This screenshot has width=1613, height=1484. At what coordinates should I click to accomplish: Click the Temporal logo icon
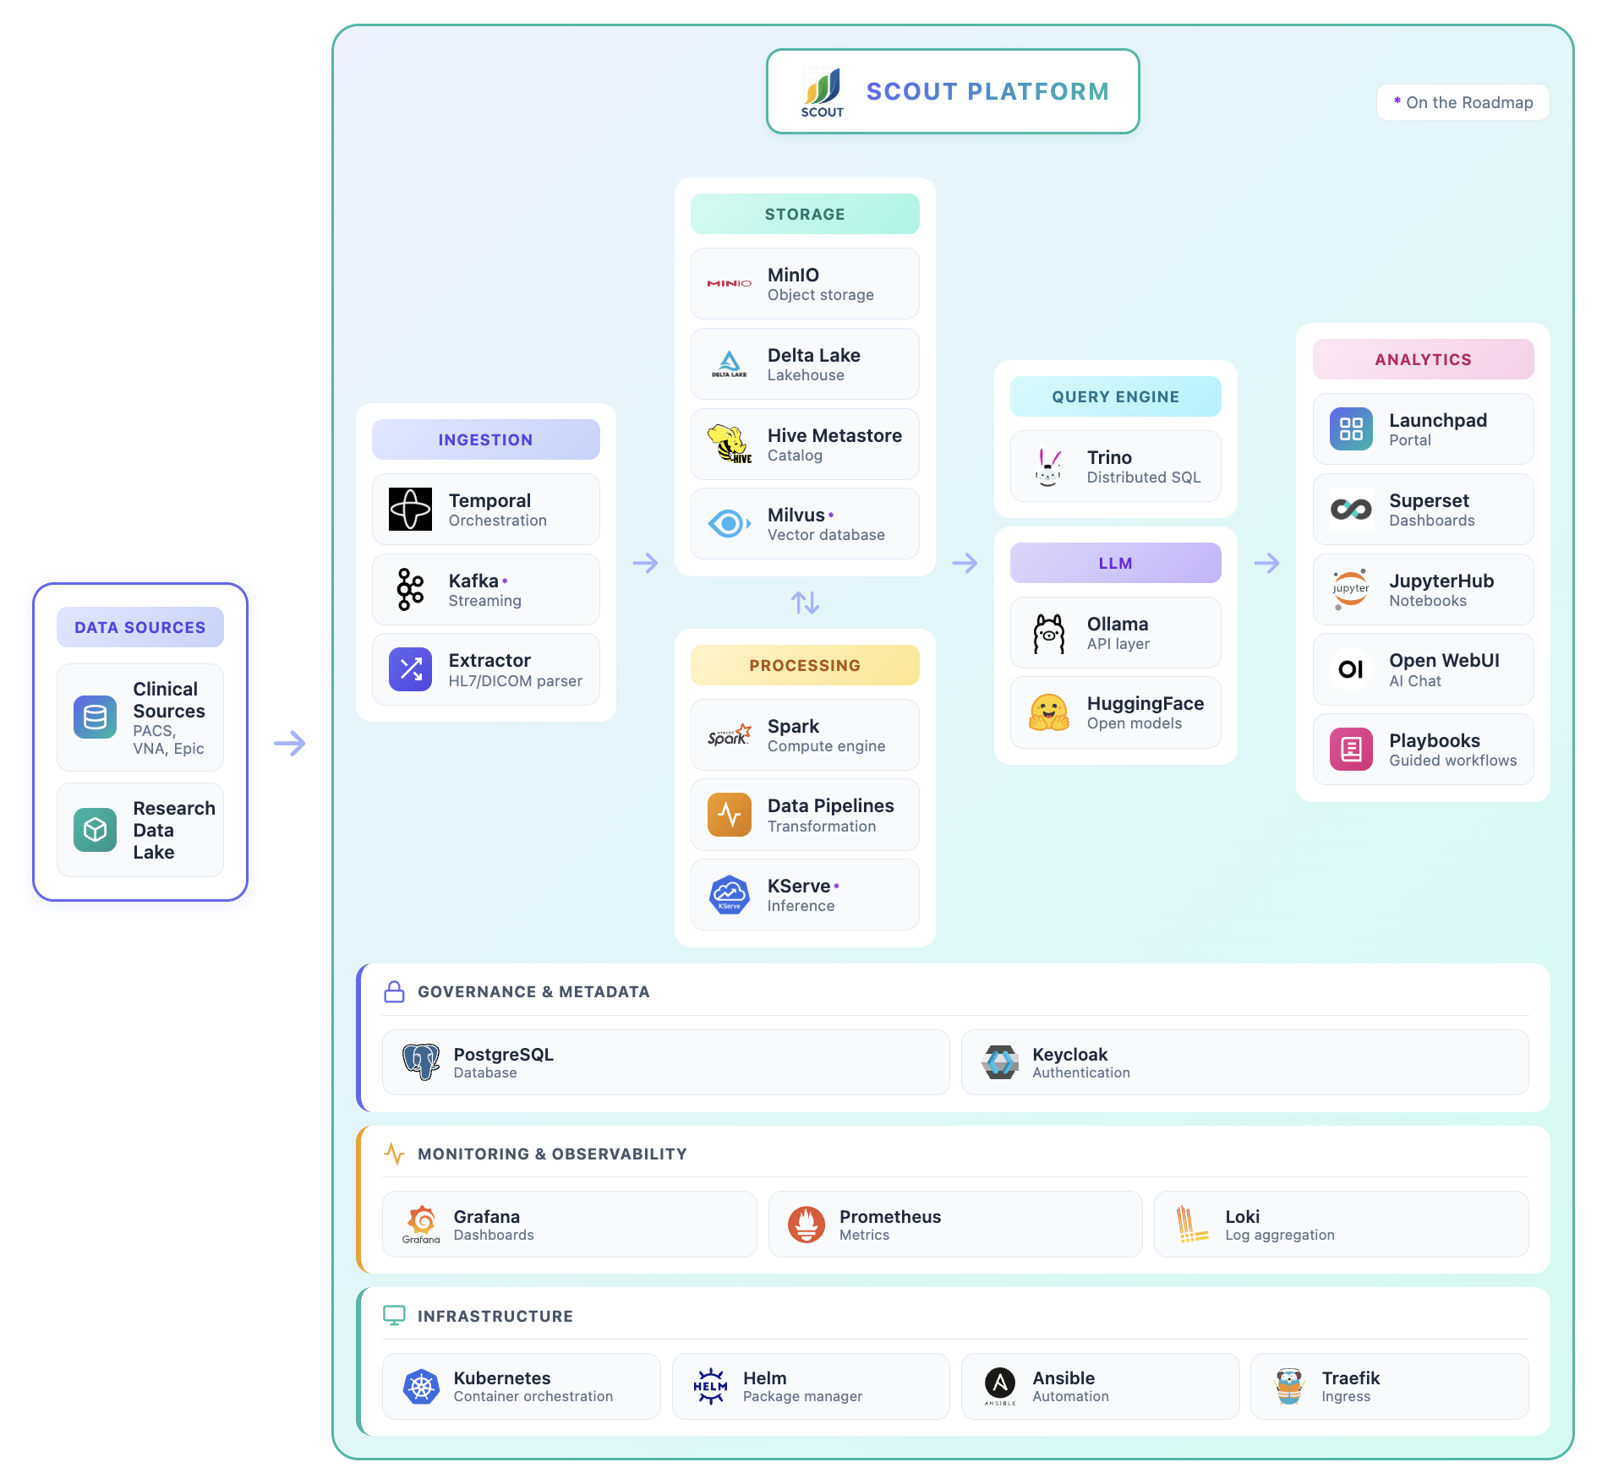410,509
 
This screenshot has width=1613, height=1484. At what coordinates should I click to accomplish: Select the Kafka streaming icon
410,589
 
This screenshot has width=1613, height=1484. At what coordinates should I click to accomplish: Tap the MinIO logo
729,283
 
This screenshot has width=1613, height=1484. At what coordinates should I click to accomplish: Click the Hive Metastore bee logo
729,444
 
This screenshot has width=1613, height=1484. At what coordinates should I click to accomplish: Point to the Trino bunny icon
1048,466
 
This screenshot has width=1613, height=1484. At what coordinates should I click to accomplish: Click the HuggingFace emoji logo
1048,712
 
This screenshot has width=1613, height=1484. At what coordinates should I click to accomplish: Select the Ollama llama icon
1048,633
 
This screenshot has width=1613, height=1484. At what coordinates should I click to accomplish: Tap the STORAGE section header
805,214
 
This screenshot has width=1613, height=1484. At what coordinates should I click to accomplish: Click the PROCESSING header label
805,665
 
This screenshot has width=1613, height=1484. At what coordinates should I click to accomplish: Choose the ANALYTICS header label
1423,359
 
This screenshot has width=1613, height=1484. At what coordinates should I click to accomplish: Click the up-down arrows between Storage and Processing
805,603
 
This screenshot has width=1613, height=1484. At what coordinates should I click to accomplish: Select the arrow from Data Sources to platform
289,743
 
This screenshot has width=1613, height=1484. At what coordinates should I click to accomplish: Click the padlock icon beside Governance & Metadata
394,991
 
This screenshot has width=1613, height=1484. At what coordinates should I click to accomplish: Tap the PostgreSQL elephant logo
420,1062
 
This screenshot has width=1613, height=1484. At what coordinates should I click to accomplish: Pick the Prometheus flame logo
806,1224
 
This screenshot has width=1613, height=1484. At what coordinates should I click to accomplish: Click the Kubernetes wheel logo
421,1386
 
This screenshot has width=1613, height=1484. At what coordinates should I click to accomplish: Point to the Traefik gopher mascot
1289,1386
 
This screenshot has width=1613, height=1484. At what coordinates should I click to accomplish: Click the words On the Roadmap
1469,102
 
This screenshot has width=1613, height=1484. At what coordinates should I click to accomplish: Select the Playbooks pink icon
1351,749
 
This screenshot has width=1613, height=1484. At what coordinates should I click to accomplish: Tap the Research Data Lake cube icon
95,830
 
